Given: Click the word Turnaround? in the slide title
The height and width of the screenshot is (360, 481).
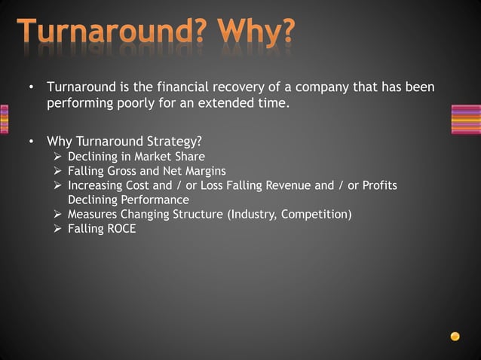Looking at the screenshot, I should coord(112,32).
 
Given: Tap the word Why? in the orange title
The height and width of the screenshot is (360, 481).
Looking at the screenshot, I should coord(255,32).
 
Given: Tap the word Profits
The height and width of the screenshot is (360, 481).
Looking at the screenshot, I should coord(378,185).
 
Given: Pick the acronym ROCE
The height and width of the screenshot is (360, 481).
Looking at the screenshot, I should coord(121,229).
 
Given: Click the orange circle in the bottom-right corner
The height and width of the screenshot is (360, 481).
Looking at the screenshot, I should coord(455,336).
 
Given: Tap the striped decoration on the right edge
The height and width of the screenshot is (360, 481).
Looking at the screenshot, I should coord(465,120).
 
